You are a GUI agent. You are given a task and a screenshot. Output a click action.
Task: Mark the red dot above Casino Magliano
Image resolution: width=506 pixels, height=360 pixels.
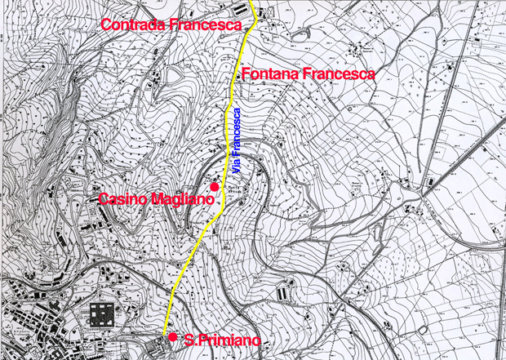pyautogui.click(x=215, y=188)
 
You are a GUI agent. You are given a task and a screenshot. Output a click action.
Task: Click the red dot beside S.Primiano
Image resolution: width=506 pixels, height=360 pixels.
pyautogui.click(x=173, y=337)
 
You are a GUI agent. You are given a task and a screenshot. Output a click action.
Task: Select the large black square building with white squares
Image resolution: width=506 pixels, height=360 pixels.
pyautogui.click(x=103, y=314)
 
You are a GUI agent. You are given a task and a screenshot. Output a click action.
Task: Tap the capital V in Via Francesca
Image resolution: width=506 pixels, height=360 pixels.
pyautogui.click(x=237, y=171)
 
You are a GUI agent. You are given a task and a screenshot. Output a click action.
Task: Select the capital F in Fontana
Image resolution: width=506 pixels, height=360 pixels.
pyautogui.click(x=246, y=73)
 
